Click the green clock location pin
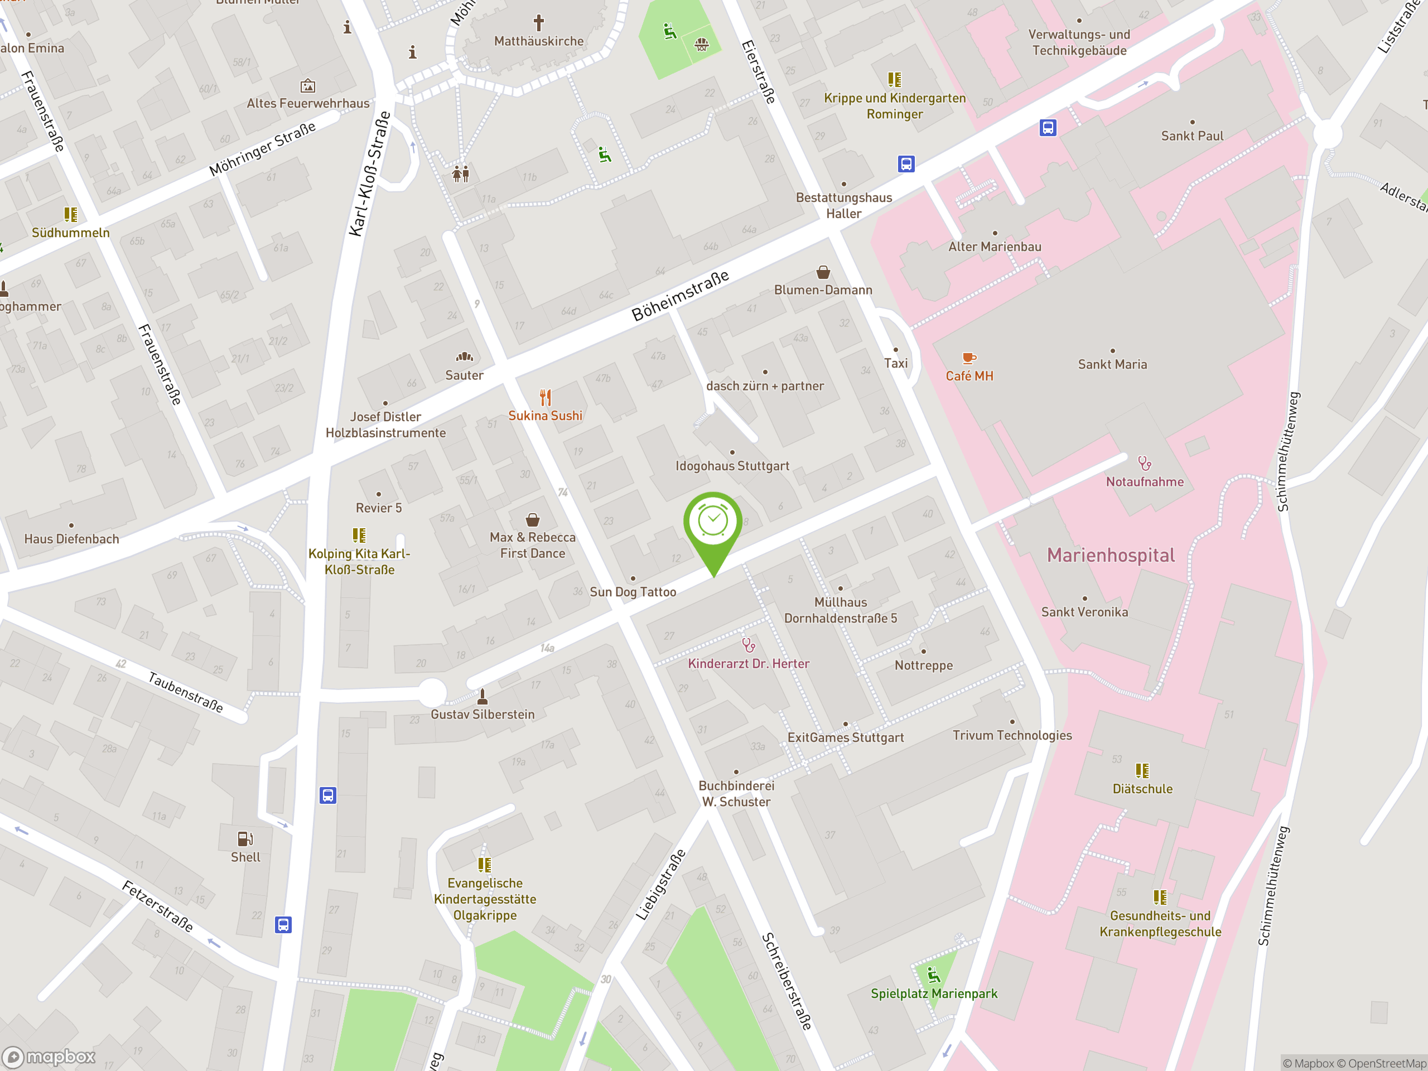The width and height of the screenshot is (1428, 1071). tap(713, 522)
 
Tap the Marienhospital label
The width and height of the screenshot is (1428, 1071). tap(1111, 556)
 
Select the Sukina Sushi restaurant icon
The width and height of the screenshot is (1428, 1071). tap(546, 397)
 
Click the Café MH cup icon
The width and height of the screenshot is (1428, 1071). tap(968, 358)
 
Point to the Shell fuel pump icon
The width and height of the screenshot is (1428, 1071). tap(245, 838)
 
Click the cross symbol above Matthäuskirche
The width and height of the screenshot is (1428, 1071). tap(538, 23)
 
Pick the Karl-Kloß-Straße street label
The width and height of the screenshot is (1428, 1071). tap(369, 173)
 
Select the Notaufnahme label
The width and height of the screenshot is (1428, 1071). tap(1145, 481)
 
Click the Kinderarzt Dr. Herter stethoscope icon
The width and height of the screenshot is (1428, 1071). tap(748, 645)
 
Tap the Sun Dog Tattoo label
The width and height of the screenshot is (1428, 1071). tap(633, 592)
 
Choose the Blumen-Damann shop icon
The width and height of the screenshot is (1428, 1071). tap(823, 272)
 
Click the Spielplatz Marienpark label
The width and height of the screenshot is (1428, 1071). tap(933, 993)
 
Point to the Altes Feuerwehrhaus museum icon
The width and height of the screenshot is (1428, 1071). tap(308, 85)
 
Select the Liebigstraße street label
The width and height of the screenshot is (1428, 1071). tap(660, 885)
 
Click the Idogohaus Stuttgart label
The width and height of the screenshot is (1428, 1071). tap(732, 466)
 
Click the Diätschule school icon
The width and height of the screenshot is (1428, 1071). tap(1142, 771)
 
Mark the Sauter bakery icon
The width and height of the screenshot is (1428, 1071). tap(464, 357)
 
